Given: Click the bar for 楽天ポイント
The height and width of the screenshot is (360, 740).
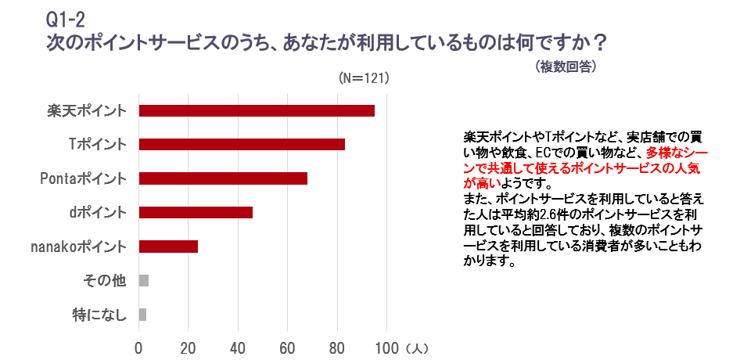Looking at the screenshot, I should (257, 110).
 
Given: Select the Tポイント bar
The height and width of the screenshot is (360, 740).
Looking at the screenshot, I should (242, 144).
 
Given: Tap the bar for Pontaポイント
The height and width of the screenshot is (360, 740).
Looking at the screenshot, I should (223, 178).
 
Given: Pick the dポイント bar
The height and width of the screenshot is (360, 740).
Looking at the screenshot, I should (196, 212).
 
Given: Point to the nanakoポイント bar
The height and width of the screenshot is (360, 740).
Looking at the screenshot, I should (168, 247).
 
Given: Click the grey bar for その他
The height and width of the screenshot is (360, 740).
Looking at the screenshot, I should (144, 280).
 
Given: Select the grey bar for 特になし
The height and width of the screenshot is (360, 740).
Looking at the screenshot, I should (143, 315).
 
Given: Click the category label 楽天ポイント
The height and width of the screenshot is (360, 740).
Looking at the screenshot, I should (86, 110).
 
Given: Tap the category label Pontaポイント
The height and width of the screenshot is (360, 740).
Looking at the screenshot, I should (83, 178).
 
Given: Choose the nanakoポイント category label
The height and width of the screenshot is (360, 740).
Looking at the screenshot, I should (77, 247).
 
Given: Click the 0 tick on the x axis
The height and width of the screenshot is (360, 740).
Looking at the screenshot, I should (139, 347).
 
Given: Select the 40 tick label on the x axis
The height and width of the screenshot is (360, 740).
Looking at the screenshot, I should (238, 347).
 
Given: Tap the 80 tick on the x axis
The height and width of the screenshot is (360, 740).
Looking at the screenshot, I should (337, 347).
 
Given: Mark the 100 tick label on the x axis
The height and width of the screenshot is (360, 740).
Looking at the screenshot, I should (386, 347).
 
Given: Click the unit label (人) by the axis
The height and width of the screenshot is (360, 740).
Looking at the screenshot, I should (416, 347).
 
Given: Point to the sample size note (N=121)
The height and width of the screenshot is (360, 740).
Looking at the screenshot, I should (364, 79).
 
